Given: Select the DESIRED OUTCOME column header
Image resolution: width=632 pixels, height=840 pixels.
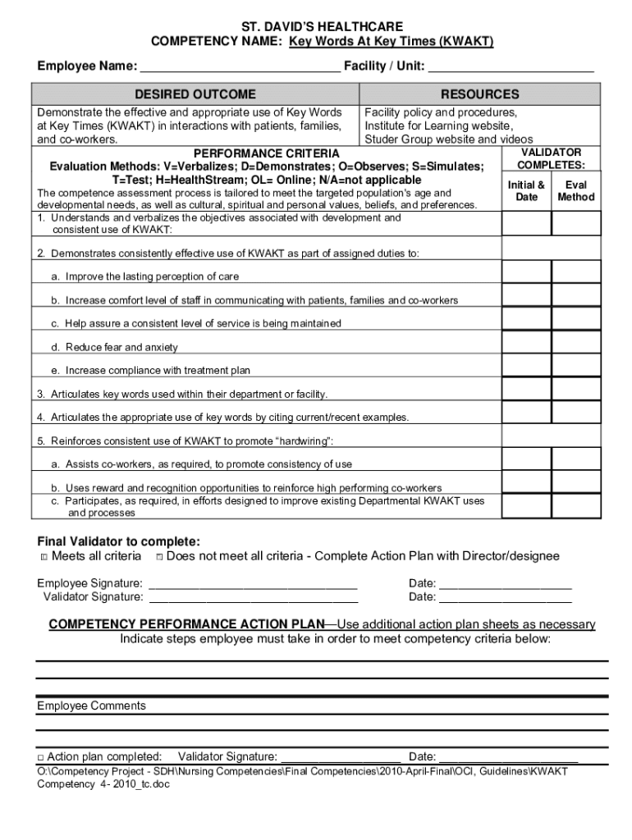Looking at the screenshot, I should tap(195, 94).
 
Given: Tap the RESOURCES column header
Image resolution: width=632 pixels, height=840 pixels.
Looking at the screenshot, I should tap(479, 94).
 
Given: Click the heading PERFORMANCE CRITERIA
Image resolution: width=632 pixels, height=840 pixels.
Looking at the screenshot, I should tap(265, 153).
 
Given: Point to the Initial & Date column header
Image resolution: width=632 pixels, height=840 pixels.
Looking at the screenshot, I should tap(526, 191).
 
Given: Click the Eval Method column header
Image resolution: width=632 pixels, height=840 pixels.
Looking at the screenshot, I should tap(575, 191).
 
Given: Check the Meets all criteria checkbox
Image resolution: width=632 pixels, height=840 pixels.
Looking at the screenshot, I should tap(44, 558).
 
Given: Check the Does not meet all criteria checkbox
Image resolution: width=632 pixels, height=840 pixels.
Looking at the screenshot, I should tap(159, 558).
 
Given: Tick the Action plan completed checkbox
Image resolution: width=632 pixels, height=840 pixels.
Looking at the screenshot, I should tap(40, 757).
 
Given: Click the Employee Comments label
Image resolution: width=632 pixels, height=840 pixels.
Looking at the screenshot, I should tap(91, 705).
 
